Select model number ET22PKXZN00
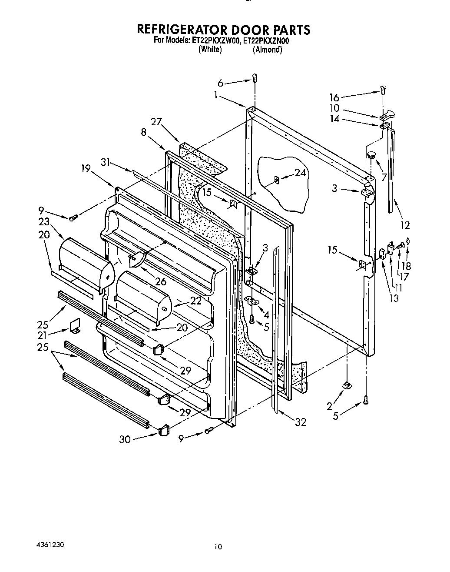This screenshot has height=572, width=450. click(x=266, y=41)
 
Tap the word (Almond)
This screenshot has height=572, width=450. click(x=268, y=50)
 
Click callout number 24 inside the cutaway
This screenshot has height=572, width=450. click(x=300, y=173)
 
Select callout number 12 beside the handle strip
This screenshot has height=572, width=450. click(x=405, y=225)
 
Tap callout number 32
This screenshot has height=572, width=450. click(x=300, y=421)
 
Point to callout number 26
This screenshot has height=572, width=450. click(x=160, y=281)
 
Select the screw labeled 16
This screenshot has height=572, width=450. click(x=382, y=90)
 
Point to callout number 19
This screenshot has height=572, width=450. click(x=86, y=168)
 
